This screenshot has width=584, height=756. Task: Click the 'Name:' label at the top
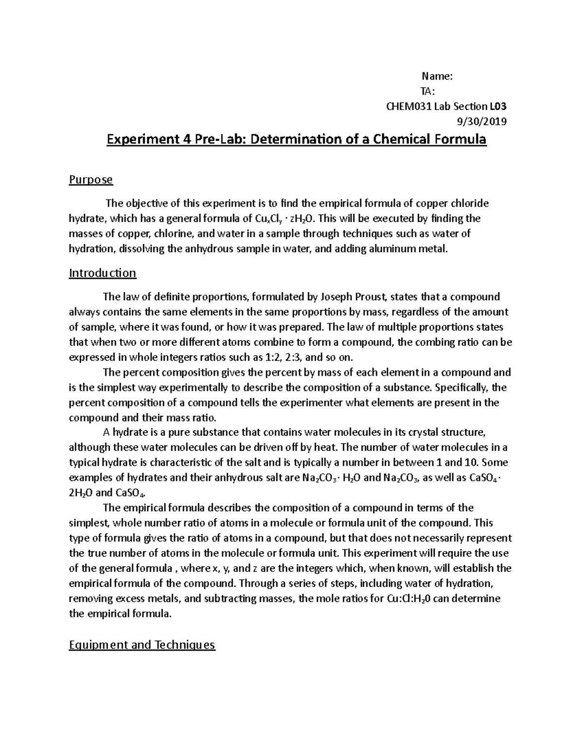437,76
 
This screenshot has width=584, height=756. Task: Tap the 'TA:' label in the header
428,91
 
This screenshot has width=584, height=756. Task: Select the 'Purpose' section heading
91,180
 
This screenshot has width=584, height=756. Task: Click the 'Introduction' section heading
102,273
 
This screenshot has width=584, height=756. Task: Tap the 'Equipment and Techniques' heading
142,645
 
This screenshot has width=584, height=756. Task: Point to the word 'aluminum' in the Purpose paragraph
396,249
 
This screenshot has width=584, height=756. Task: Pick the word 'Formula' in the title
458,140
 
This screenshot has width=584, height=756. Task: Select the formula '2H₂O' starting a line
80,492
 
